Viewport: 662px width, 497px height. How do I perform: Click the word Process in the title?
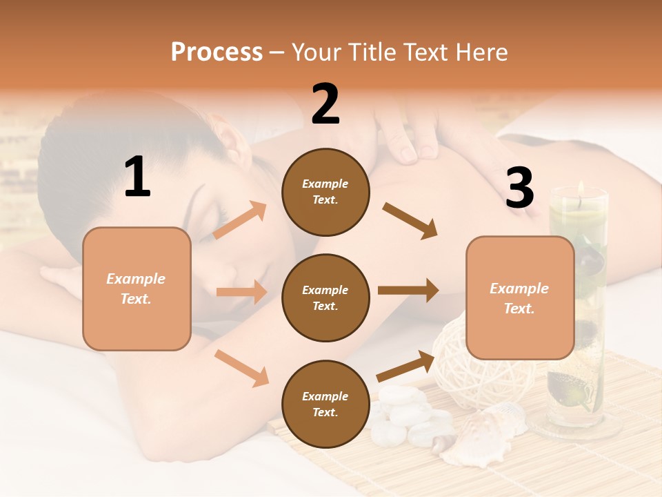pos(217,52)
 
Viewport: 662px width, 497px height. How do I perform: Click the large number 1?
pos(137,177)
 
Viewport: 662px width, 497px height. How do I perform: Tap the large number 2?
pos(325,104)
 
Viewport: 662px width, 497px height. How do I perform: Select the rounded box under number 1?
pos(137,289)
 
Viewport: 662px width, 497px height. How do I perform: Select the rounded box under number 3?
pos(520,298)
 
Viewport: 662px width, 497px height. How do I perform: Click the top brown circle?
pos(325,192)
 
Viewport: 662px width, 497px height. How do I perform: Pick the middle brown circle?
pos(325,298)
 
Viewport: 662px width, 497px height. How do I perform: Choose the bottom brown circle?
pos(325,404)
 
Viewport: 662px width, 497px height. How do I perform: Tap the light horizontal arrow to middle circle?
pos(241,292)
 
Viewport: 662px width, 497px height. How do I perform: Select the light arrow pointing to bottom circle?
pos(242,367)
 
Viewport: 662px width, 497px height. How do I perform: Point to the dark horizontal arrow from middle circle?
pos(408,291)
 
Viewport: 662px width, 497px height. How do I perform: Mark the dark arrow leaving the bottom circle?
pos(406,366)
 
